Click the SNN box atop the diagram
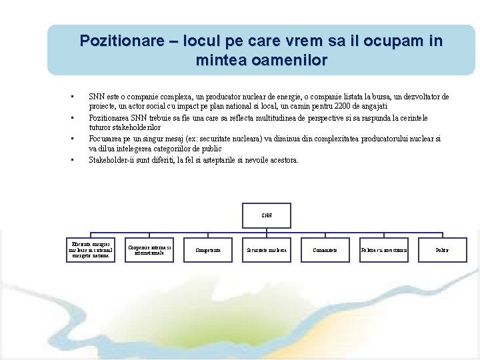[x=267, y=215]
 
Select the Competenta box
[x=207, y=250]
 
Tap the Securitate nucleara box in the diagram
[x=267, y=250]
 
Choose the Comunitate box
[x=325, y=250]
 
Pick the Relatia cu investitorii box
[x=383, y=250]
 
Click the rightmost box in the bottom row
[x=442, y=250]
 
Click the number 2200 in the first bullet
[x=341, y=106]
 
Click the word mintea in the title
[x=219, y=61]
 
